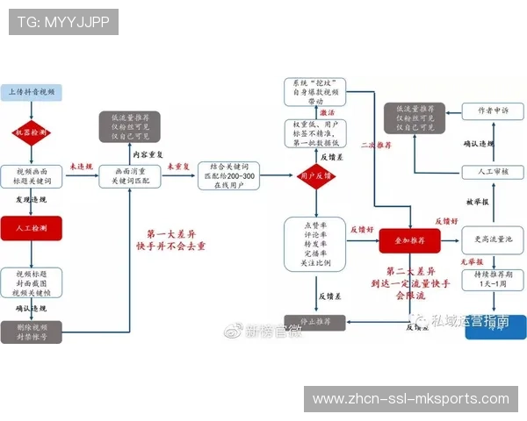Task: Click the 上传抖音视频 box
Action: pos(32,92)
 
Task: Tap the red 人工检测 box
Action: pos(32,228)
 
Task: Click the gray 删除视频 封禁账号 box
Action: pos(32,332)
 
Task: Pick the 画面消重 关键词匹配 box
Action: pos(130,175)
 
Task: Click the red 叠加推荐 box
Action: pos(408,239)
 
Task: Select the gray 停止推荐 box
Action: pos(314,322)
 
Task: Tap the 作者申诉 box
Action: pos(492,111)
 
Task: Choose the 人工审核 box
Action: pos(492,172)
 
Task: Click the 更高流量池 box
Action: pos(492,239)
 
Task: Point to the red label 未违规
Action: pos(80,166)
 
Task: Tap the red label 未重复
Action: pos(180,166)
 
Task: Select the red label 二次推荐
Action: pos(377,146)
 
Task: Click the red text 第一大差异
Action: pos(176,234)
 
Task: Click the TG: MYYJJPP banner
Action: pos(63,21)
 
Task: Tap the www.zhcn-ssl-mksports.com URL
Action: pos(410,399)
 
